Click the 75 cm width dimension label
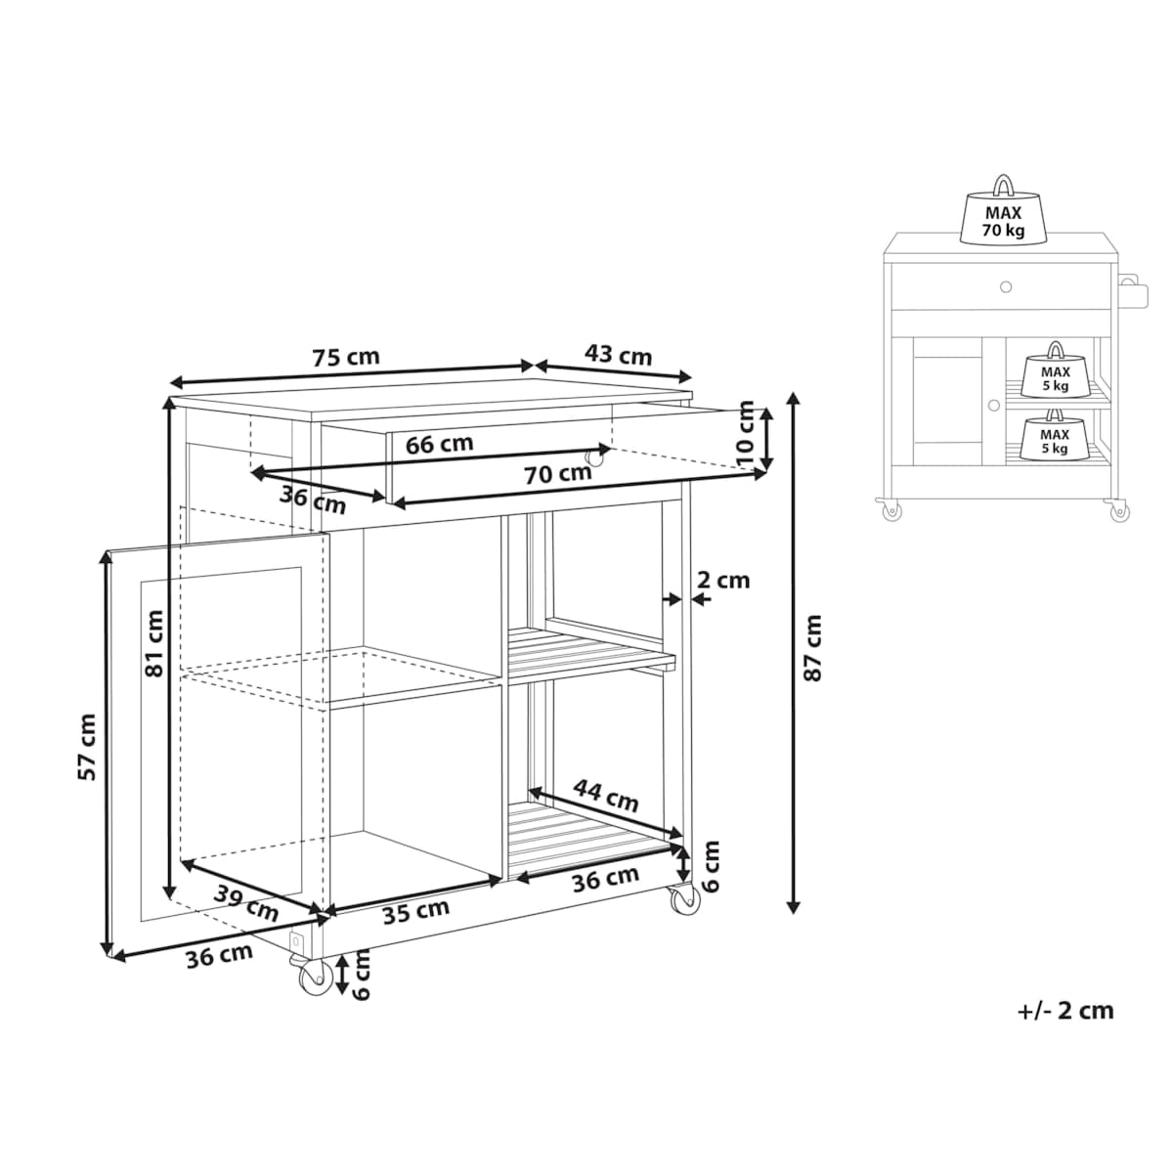346,357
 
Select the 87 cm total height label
812,648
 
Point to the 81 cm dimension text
154,643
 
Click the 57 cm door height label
87,748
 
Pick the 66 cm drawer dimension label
440,444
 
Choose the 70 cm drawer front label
557,474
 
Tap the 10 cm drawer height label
745,433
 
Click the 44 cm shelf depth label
606,796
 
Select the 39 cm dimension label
246,903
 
